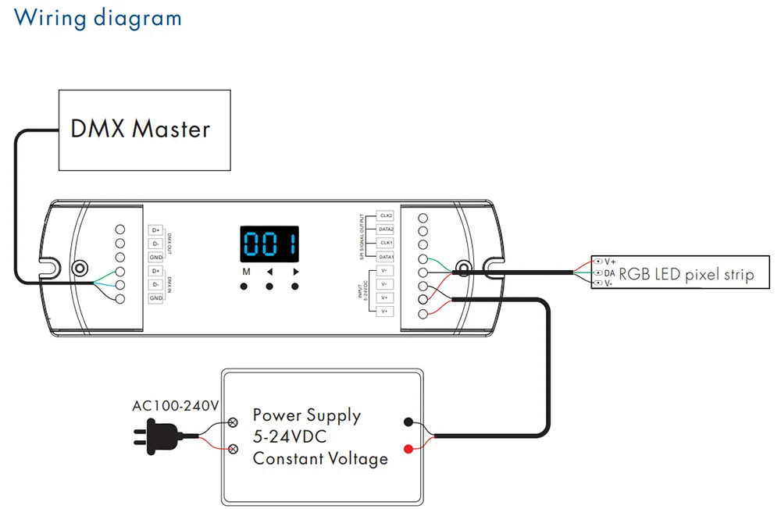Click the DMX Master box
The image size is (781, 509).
point(145,130)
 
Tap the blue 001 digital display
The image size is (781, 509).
point(268,245)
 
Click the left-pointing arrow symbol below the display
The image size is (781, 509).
point(269,272)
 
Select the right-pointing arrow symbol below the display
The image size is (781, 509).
point(296,272)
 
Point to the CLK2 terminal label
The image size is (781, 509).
point(386,215)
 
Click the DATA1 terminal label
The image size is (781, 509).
point(386,257)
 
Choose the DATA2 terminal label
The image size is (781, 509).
point(386,229)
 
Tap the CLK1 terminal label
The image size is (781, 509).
point(386,243)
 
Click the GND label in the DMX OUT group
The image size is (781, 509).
point(156,257)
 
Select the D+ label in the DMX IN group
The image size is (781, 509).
point(156,271)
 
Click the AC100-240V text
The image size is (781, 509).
point(175,406)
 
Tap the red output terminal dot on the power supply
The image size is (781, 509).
point(408,448)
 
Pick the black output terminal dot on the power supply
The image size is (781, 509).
point(408,422)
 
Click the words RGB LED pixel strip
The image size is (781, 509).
point(686,274)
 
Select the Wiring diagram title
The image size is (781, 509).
point(98,17)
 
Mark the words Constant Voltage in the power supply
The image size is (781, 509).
point(320,458)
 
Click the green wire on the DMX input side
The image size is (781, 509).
point(99,277)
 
